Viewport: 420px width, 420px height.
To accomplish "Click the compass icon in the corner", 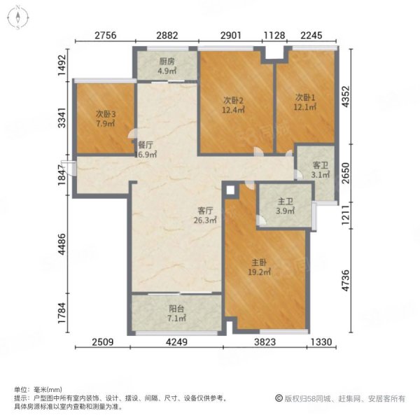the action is [18, 17].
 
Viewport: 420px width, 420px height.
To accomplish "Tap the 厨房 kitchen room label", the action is [167, 62].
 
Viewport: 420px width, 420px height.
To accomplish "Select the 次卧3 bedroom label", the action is [106, 114].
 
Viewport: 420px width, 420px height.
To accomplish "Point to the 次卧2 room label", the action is [233, 100].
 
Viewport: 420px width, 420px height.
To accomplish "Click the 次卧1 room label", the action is [305, 97].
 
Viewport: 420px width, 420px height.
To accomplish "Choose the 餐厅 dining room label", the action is [146, 145].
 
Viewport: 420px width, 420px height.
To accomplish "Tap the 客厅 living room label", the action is [205, 211].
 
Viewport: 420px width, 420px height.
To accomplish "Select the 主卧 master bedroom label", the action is [259, 262].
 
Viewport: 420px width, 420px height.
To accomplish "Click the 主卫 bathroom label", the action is [286, 201].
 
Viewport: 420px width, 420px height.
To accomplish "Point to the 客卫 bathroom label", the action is [321, 165].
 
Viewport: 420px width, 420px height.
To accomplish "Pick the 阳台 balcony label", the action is [176, 309].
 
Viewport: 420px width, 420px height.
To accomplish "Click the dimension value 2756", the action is [105, 36].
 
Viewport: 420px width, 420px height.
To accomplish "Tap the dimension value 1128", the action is [274, 36].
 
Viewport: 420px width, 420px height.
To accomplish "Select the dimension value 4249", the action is [176, 342].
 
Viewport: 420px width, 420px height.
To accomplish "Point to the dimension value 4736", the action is [346, 281].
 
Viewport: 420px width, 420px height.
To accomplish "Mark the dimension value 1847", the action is [62, 175].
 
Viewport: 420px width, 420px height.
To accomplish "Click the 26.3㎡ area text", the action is [205, 220].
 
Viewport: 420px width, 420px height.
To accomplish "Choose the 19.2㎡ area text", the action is [259, 272].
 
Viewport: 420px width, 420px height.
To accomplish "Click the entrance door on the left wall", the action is [69, 168].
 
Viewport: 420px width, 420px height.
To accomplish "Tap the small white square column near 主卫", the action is [230, 190].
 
